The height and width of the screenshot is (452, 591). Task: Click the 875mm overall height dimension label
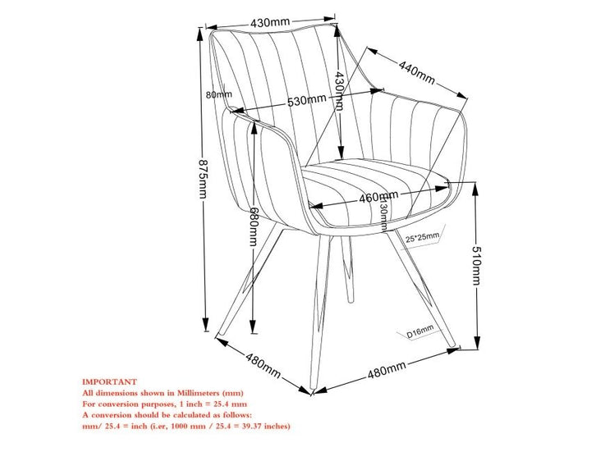[203, 179]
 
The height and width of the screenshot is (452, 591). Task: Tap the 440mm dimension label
[417, 73]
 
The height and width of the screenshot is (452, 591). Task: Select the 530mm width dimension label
[306, 101]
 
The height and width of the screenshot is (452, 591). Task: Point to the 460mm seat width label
[378, 197]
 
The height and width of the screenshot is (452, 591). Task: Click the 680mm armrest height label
[254, 226]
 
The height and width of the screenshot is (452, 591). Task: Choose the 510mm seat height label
[477, 266]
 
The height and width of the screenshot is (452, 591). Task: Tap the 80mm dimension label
[218, 94]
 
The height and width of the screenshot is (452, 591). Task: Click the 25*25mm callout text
[422, 237]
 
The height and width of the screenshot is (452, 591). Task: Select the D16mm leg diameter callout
[420, 331]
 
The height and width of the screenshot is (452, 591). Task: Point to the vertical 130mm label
[383, 213]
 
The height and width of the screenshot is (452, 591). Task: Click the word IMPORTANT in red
[110, 382]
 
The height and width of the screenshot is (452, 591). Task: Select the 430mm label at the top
[270, 22]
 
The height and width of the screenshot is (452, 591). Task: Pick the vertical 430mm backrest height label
[339, 90]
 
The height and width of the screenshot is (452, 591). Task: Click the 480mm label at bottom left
[263, 365]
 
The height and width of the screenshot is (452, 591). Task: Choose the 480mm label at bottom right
[387, 370]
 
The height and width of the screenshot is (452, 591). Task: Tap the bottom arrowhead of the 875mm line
[205, 324]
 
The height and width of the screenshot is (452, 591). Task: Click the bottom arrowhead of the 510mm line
[477, 342]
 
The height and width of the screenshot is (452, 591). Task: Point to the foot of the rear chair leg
[350, 299]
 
